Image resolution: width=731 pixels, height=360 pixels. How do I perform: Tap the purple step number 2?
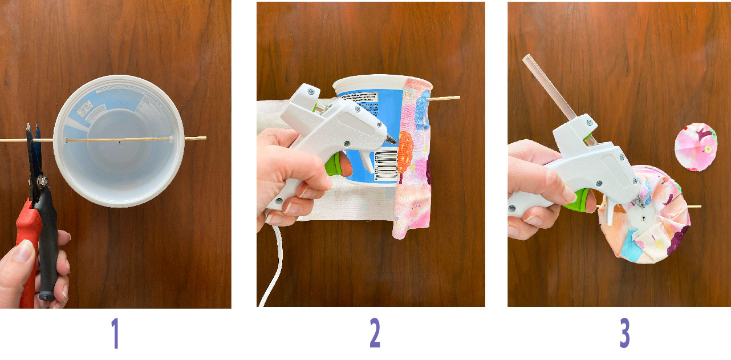point(374,334)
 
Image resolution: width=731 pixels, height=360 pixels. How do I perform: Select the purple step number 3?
point(624,334)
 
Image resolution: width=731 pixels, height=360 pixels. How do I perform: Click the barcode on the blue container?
point(386,165)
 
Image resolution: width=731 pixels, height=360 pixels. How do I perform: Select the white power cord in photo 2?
point(273,268)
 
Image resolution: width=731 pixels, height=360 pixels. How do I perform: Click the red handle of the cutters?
point(28,251)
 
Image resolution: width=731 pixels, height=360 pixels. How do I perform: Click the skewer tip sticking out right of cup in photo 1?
point(197,138)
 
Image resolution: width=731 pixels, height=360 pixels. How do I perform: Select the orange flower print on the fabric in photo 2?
point(405,150)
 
